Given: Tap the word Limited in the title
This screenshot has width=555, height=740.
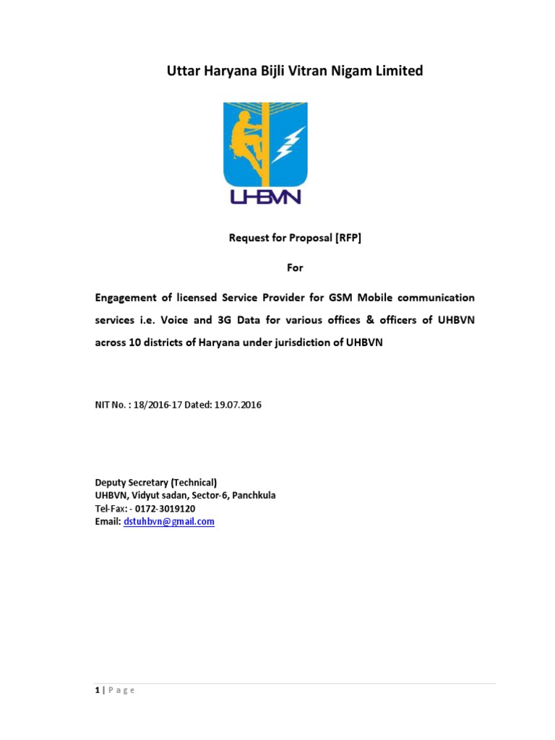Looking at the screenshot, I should click(397, 71).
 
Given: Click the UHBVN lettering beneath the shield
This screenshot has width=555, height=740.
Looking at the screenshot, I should click(264, 196).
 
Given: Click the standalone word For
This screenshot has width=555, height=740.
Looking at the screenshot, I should click(295, 267).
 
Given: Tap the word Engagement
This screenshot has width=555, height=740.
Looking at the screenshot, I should click(127, 298).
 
